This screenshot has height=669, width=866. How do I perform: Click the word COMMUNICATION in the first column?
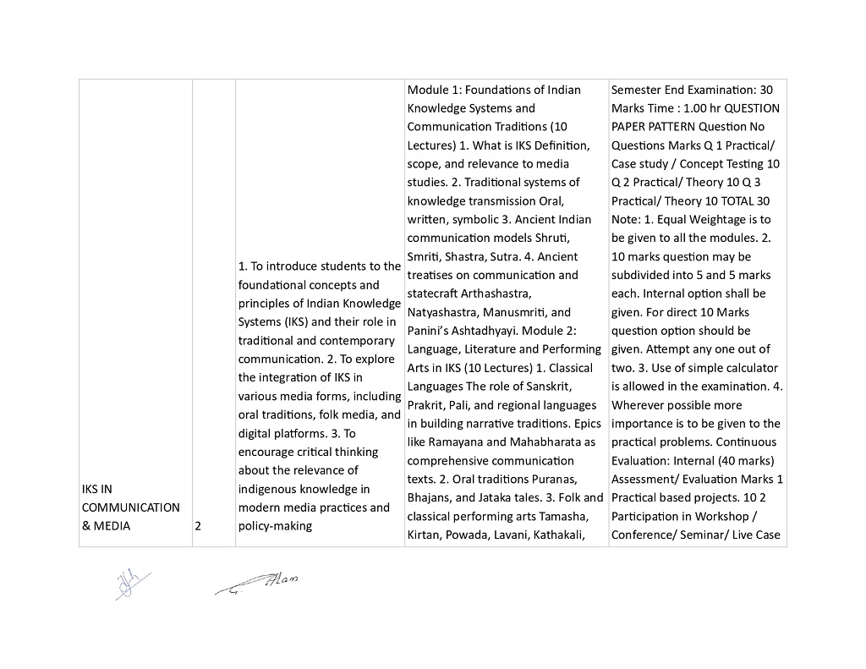click(x=131, y=507)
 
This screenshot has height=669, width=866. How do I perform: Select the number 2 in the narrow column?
click(x=198, y=526)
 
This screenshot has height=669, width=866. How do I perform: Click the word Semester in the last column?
click(x=638, y=90)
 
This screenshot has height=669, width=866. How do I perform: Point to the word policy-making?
click(x=276, y=526)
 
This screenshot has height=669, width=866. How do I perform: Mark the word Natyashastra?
click(x=447, y=312)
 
